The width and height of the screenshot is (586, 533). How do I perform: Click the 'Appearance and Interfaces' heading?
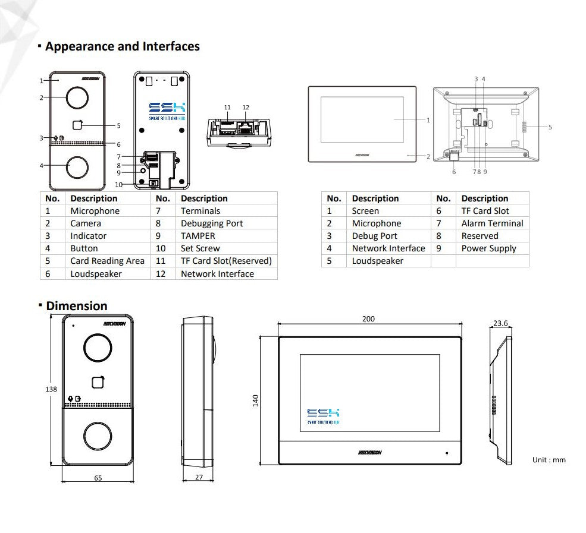(x=122, y=46)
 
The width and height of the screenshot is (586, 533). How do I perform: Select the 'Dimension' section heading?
(x=77, y=306)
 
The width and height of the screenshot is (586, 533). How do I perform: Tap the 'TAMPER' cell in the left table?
(x=198, y=236)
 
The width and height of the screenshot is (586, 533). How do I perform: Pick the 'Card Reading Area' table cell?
(x=107, y=261)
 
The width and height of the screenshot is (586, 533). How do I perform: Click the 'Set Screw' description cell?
(x=200, y=248)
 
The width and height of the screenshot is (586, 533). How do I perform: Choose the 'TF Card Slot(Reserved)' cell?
(x=226, y=261)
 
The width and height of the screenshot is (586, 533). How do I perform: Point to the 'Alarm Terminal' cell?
(x=492, y=223)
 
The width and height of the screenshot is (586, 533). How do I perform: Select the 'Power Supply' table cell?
(x=488, y=248)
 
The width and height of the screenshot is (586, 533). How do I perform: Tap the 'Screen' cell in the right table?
(x=365, y=211)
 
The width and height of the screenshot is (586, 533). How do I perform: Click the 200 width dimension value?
(x=368, y=319)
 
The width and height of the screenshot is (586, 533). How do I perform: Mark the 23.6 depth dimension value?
(x=501, y=323)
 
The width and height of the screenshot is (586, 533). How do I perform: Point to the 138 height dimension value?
(x=51, y=389)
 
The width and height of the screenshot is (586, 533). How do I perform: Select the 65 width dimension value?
(x=98, y=477)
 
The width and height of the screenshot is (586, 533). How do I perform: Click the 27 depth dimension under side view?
(x=199, y=477)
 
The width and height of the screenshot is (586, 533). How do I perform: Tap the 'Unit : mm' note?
(x=549, y=460)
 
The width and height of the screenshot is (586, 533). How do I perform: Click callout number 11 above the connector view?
(x=227, y=108)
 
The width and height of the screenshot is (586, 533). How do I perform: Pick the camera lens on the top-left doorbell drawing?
(x=76, y=97)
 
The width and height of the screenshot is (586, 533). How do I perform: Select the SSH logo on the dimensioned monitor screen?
(x=323, y=415)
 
